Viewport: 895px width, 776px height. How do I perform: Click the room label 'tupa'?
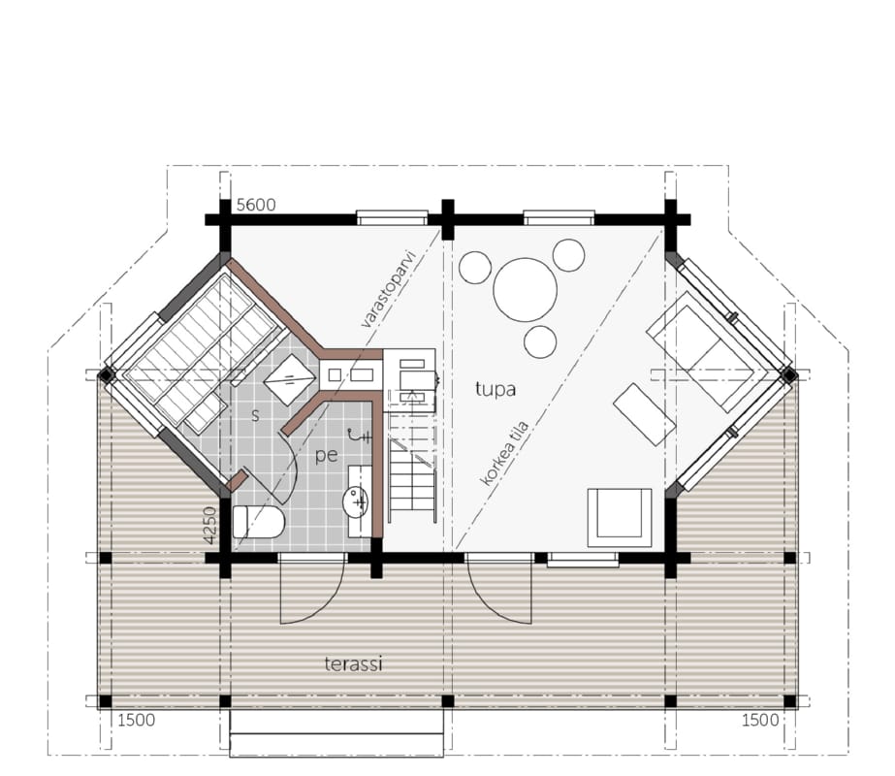point(495,389)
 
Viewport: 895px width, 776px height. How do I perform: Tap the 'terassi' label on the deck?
point(353,664)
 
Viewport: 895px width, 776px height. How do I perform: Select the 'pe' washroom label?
point(326,456)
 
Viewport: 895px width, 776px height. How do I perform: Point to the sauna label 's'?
point(255,415)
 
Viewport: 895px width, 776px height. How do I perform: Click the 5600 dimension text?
point(256,205)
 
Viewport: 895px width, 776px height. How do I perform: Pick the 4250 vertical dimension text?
point(209,526)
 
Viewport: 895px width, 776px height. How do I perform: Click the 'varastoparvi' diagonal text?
point(394,288)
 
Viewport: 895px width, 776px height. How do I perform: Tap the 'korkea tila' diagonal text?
point(504,454)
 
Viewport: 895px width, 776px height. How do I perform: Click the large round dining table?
point(526,289)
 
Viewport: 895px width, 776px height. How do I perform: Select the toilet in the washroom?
point(259,522)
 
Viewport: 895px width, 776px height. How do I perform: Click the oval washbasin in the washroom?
point(356,501)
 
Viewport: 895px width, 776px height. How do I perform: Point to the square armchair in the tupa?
point(620,517)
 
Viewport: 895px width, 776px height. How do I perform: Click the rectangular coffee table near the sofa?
point(645,414)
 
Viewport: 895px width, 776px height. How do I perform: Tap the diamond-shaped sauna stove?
point(291,379)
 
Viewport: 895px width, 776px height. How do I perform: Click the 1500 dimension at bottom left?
point(137,720)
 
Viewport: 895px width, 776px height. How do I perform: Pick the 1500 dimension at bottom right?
point(760,720)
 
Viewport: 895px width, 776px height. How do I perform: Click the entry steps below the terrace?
point(336,733)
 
